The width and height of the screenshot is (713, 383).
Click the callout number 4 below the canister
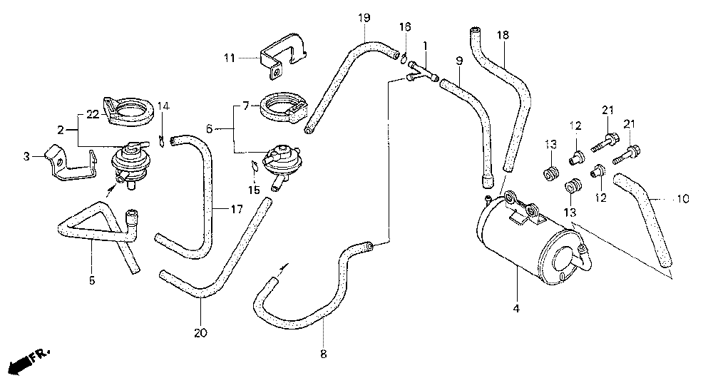(x=516, y=309)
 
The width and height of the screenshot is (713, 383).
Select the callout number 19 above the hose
(x=364, y=16)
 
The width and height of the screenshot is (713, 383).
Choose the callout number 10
(x=682, y=199)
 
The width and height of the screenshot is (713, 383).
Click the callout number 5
(x=91, y=280)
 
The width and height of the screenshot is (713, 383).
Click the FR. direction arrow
(x=29, y=360)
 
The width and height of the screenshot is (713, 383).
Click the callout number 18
(x=503, y=34)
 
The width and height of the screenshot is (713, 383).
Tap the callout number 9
(x=458, y=61)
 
